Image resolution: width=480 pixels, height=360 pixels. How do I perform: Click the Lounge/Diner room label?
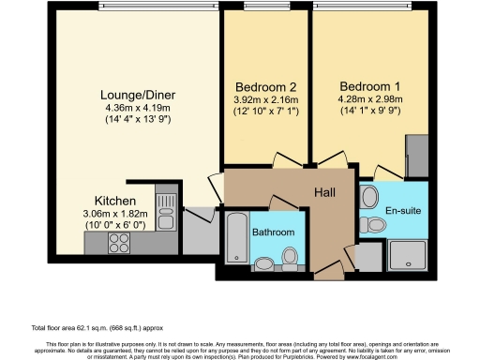[x=141, y=94]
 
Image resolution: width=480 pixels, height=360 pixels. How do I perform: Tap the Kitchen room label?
[x=116, y=201]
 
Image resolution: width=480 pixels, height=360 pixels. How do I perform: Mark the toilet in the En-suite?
[x=367, y=199]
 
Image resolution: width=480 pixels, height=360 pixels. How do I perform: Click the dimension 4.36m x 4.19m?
[x=141, y=108]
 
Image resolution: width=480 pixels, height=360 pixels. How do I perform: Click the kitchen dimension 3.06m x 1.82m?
[x=116, y=215]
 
